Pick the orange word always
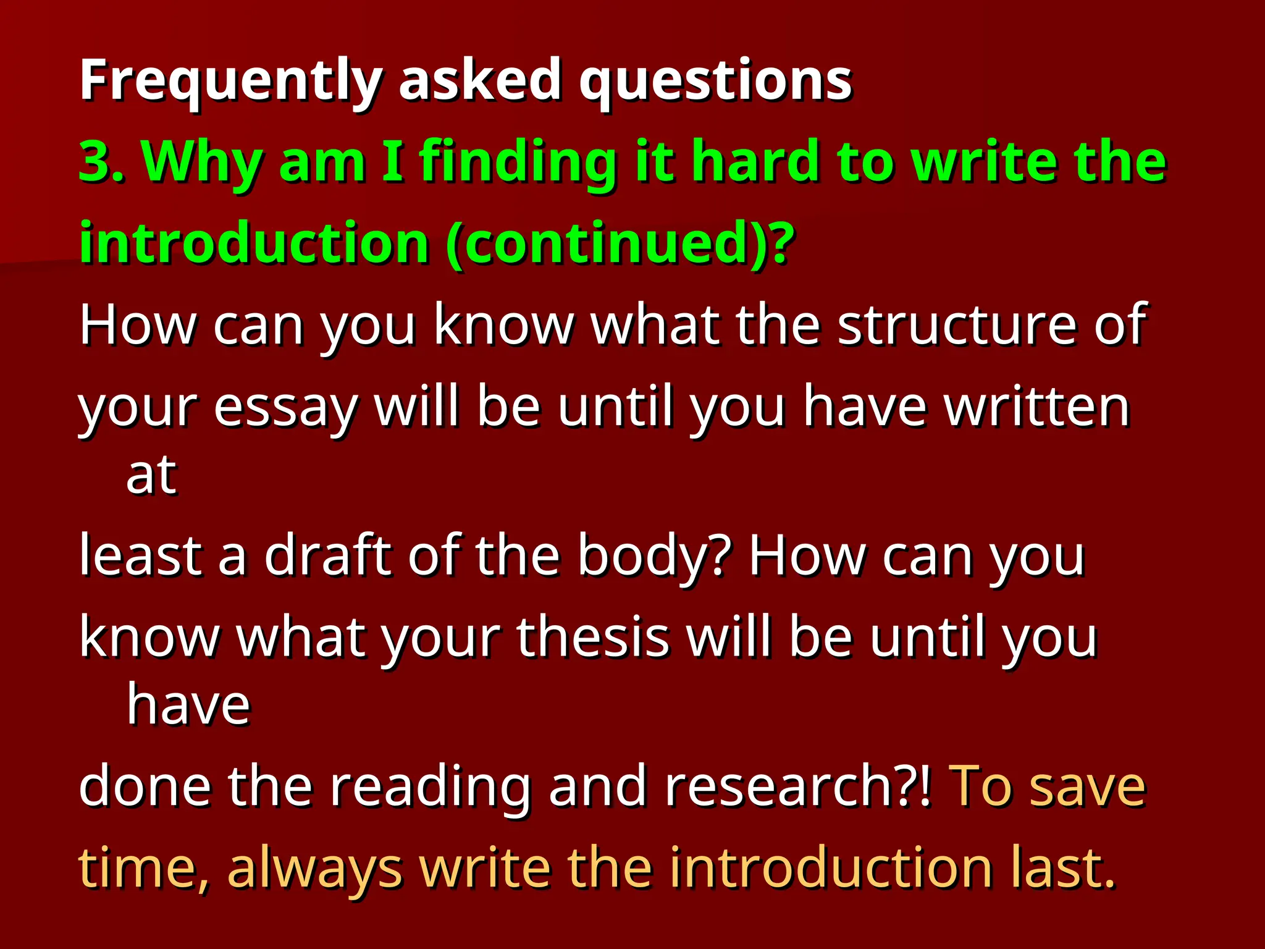tap(314, 868)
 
